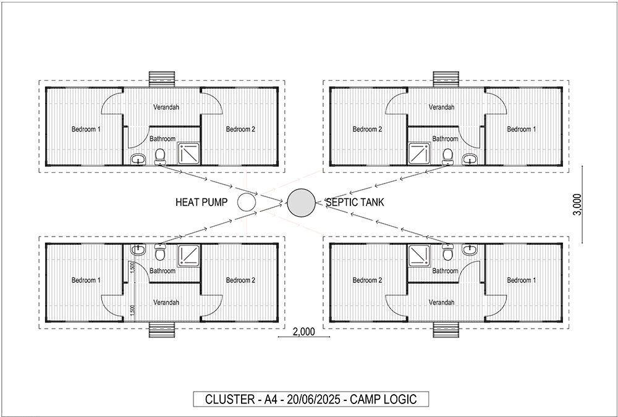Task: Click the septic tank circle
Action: pos(301,203)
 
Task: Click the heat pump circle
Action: pos(247,202)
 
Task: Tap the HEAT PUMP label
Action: pos(201,202)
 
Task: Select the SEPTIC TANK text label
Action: pos(354,202)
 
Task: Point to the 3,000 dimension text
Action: pos(577,204)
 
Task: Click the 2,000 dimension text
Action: pos(304,332)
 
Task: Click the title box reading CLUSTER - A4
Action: pos(311,399)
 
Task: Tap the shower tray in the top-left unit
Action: pos(188,153)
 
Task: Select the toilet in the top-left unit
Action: pos(159,156)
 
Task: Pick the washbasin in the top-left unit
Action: pos(138,159)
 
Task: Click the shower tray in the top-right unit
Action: pos(420,153)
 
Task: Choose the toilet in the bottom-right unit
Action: pos(447,252)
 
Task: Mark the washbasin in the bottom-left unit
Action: pos(138,249)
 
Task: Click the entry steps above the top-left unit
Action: pos(161,79)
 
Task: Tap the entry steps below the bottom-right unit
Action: pos(446,330)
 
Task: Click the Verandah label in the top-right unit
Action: pos(441,107)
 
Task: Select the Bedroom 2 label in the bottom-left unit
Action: pos(240,280)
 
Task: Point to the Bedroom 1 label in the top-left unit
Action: pos(86,129)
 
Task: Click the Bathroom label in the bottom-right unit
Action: pos(445,271)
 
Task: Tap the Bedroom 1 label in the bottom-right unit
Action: pos(522,280)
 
